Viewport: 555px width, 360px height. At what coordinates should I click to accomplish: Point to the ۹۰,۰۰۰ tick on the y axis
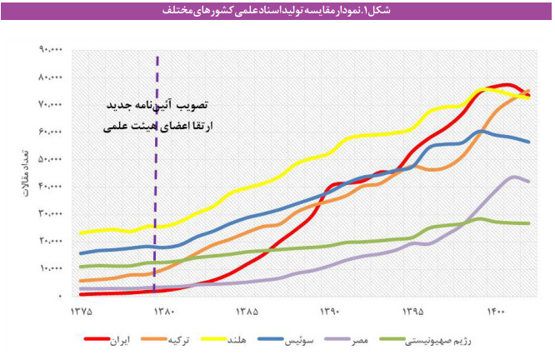point(50,49)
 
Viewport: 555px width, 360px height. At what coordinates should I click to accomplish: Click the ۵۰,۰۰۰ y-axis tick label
point(50,158)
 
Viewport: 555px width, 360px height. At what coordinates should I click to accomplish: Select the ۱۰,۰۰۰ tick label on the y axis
point(50,268)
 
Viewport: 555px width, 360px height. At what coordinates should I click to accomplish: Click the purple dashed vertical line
point(157,167)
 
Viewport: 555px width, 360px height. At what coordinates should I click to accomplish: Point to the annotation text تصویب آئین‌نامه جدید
point(157,107)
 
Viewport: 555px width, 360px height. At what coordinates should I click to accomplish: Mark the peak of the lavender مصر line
point(514,176)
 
